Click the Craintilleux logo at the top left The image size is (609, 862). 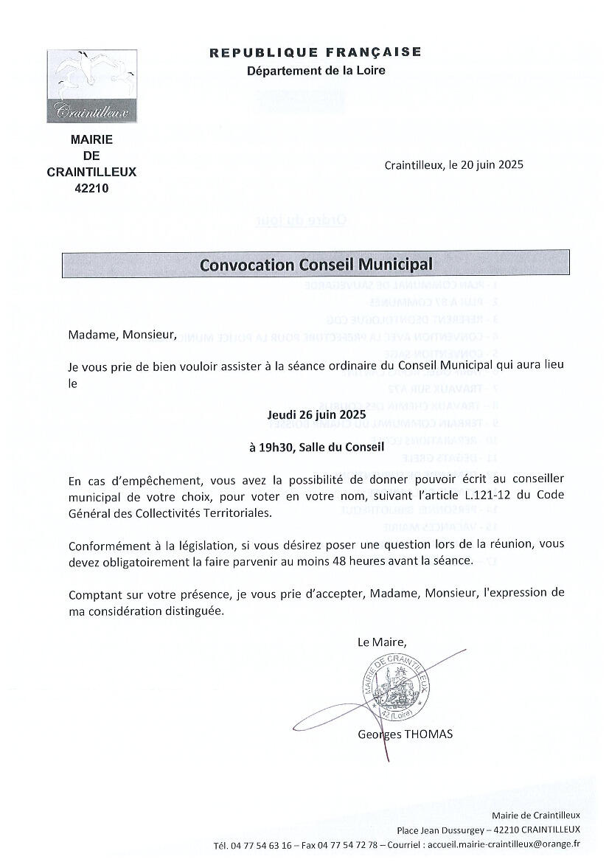(x=92, y=86)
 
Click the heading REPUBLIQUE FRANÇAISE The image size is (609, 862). (x=316, y=52)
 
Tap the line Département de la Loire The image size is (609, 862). (x=316, y=70)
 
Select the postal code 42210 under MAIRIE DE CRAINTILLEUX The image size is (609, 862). (x=92, y=188)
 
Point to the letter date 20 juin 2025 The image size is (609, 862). (x=489, y=165)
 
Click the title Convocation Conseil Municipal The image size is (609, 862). (x=316, y=264)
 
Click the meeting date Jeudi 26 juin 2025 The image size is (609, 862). (x=316, y=415)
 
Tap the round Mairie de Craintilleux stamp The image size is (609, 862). (x=397, y=689)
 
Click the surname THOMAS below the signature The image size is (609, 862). (x=429, y=734)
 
